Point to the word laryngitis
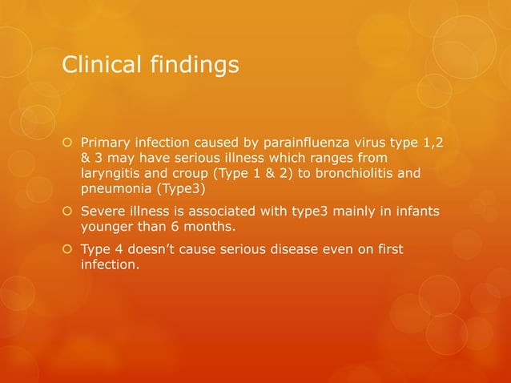(x=109, y=172)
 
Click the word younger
(x=107, y=227)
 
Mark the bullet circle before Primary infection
(x=69, y=143)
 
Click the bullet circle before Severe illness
(x=69, y=212)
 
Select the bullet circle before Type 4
(x=69, y=252)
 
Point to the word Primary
(x=105, y=142)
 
